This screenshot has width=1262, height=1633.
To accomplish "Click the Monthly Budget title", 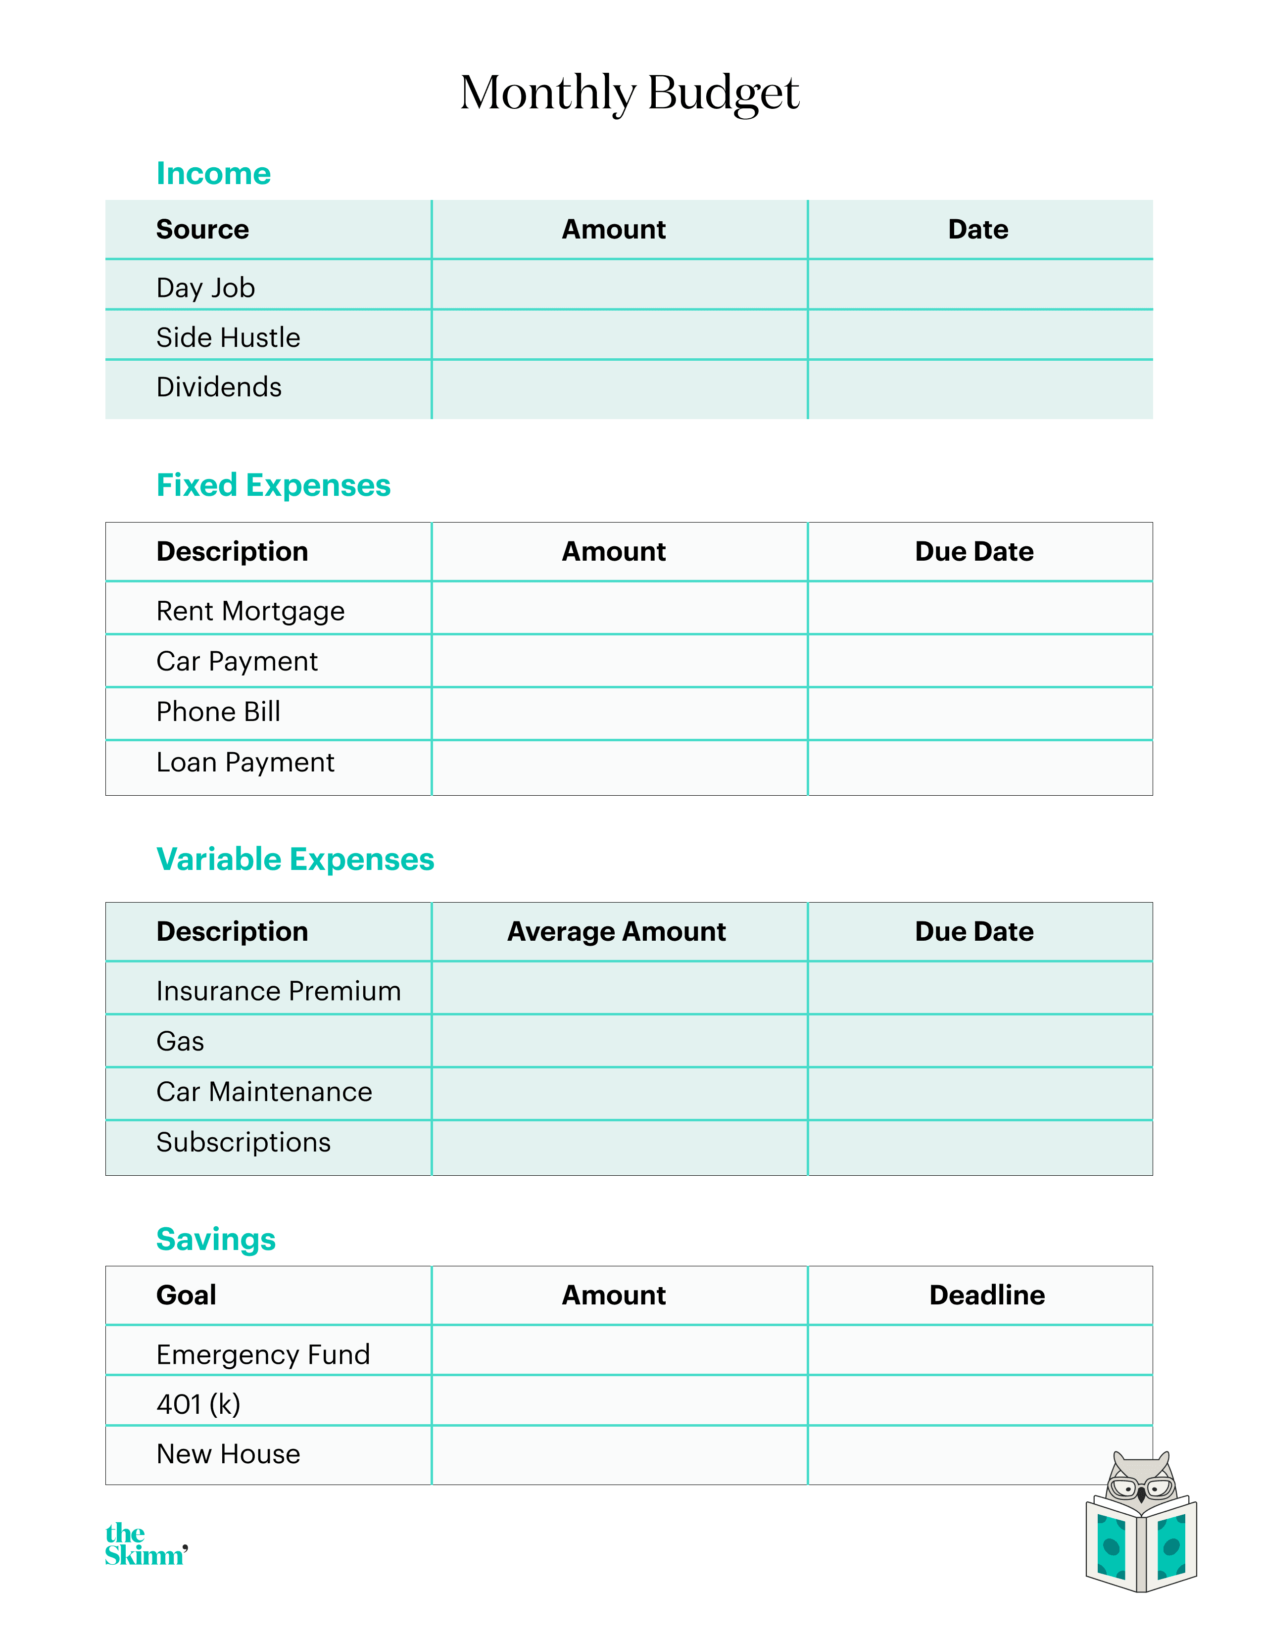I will [630, 94].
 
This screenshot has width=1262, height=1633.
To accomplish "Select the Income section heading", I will [213, 174].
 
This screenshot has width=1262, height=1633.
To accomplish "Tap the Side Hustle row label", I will [228, 337].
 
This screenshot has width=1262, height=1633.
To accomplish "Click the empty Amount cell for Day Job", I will [619, 285].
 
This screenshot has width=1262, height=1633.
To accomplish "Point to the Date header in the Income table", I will [978, 229].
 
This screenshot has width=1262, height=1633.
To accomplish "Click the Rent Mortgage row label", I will [250, 611].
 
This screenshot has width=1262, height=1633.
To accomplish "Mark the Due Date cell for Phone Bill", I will [979, 713].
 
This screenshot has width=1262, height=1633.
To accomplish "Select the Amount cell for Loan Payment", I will [619, 767].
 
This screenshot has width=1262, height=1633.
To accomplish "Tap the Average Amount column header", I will [617, 932].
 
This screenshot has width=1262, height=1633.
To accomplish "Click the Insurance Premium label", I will [278, 991].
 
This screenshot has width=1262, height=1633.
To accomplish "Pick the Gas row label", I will [180, 1041].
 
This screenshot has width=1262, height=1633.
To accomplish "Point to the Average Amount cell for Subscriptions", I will [619, 1147].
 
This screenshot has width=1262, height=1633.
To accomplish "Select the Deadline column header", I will [987, 1295].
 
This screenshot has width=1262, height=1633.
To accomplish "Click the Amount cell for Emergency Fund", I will [619, 1350].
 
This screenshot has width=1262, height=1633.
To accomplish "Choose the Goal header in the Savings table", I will [186, 1295].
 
